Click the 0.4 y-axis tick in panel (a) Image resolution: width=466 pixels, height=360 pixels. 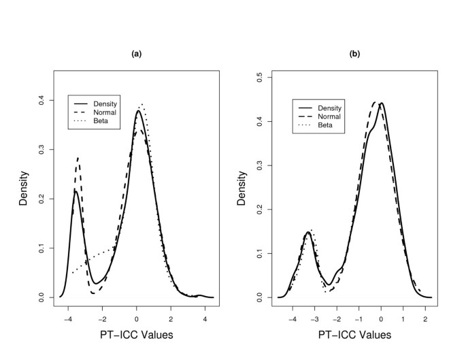(x=40, y=100)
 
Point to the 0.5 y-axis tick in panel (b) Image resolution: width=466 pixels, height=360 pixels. (x=260, y=78)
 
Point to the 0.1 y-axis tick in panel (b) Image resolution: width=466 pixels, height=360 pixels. (x=260, y=254)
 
